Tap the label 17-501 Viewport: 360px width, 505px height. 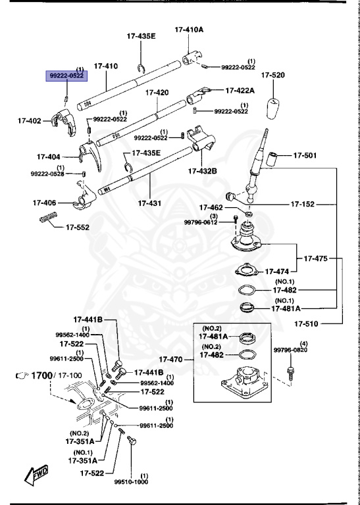click(x=305, y=156)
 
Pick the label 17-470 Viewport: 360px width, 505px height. click(x=176, y=360)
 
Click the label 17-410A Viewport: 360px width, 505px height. click(x=189, y=30)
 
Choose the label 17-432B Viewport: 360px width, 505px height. click(x=202, y=171)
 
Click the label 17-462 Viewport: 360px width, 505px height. click(x=213, y=207)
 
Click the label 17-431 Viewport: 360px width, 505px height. click(x=149, y=204)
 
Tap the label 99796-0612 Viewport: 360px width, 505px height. click(x=200, y=222)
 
